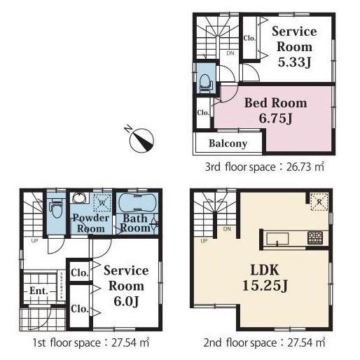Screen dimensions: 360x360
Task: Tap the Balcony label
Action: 228,144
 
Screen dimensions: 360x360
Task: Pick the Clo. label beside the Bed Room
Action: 203,112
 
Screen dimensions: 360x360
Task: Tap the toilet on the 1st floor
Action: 57,208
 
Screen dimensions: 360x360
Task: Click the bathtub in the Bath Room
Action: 136,204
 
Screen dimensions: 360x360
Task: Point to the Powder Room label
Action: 90,223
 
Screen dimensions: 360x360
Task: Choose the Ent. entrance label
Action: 38,291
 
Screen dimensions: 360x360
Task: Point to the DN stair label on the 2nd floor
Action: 227,229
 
